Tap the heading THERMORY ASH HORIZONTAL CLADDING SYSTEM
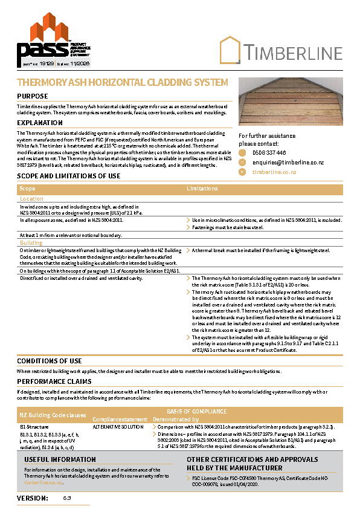(123, 82)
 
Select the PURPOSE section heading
(33, 97)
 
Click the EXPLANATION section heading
(40, 123)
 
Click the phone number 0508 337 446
(269, 153)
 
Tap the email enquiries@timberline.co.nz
(288, 163)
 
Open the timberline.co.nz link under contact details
(274, 172)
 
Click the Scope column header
(28, 189)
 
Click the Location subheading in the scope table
(31, 198)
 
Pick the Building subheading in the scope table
(31, 242)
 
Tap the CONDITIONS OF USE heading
(50, 361)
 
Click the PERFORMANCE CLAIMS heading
(54, 382)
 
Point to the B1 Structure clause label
(34, 427)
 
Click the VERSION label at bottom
(33, 498)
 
